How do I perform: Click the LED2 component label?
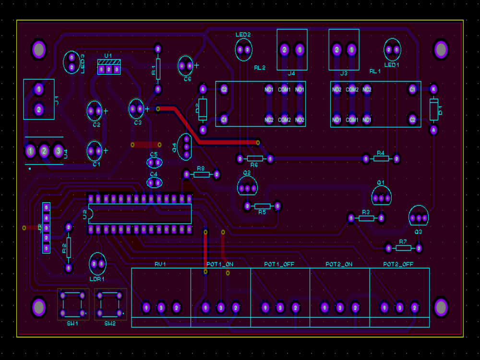(x=243, y=35)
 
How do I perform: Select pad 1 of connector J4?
(x=300, y=49)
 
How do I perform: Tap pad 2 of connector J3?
(x=337, y=49)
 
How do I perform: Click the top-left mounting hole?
(x=38, y=49)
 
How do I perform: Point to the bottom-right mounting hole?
(x=441, y=307)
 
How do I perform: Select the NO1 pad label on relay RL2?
(x=300, y=90)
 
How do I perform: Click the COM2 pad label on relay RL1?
(x=352, y=90)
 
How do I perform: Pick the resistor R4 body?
(x=381, y=158)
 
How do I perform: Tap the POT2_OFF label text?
(x=398, y=264)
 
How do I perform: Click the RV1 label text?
(x=160, y=264)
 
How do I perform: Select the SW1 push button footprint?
(x=73, y=304)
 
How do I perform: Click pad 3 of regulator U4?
(x=59, y=152)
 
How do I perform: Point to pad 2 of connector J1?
(x=39, y=110)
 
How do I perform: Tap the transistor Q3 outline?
(x=419, y=216)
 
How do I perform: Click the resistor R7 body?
(x=404, y=248)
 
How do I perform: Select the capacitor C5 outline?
(x=154, y=162)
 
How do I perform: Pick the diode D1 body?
(x=433, y=109)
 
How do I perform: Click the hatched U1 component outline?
(x=109, y=67)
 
